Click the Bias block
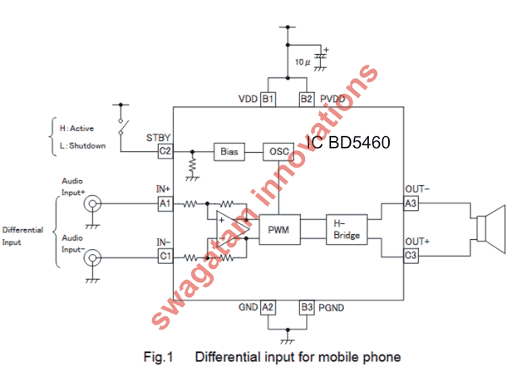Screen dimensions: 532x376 click(x=229, y=152)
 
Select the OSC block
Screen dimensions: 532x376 click(x=278, y=152)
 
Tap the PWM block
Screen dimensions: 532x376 click(x=279, y=230)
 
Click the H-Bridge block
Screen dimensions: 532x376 click(x=347, y=230)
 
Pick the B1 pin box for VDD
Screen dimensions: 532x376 click(x=268, y=100)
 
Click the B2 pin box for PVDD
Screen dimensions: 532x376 click(x=307, y=100)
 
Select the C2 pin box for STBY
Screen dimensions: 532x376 click(x=165, y=151)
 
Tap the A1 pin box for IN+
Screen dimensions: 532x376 click(x=165, y=203)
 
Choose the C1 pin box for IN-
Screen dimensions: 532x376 click(x=165, y=256)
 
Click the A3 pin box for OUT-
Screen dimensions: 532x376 click(x=411, y=203)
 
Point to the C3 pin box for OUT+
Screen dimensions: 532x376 click(x=411, y=255)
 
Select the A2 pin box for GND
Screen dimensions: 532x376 click(x=268, y=308)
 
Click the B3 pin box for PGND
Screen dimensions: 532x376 click(x=307, y=308)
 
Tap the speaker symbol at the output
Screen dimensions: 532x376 click(x=491, y=229)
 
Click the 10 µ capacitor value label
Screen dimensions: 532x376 click(x=303, y=62)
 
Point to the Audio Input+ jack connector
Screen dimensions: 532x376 click(x=92, y=203)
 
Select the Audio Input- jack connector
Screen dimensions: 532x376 click(x=92, y=258)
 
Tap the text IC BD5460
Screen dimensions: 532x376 click(x=348, y=142)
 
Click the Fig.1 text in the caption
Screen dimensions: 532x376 click(x=159, y=357)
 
